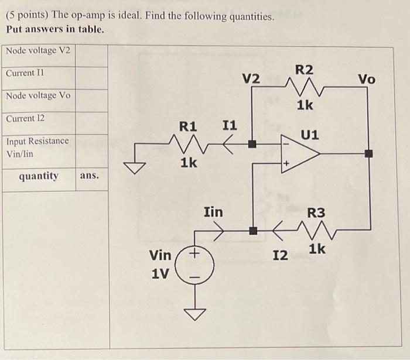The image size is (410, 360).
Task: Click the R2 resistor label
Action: [304, 70]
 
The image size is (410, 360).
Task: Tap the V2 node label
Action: [251, 78]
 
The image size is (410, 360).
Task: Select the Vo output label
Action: [367, 78]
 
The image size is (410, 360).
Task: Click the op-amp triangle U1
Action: [299, 154]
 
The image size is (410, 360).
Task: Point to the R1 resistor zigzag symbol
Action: [188, 142]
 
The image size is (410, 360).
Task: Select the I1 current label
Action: [230, 125]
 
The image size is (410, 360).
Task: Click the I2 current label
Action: [281, 255]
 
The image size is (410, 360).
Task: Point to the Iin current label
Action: [213, 212]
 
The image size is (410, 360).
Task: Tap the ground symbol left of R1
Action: [138, 167]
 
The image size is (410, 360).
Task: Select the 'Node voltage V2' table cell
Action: [38, 50]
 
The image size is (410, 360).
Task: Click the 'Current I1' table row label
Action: [25, 73]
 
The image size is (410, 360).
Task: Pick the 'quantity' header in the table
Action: [39, 176]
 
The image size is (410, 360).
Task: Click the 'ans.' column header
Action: [90, 176]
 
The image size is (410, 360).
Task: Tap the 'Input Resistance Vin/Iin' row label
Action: [37, 147]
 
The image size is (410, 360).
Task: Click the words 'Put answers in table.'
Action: [55, 29]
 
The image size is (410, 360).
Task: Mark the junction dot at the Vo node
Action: [368, 154]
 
